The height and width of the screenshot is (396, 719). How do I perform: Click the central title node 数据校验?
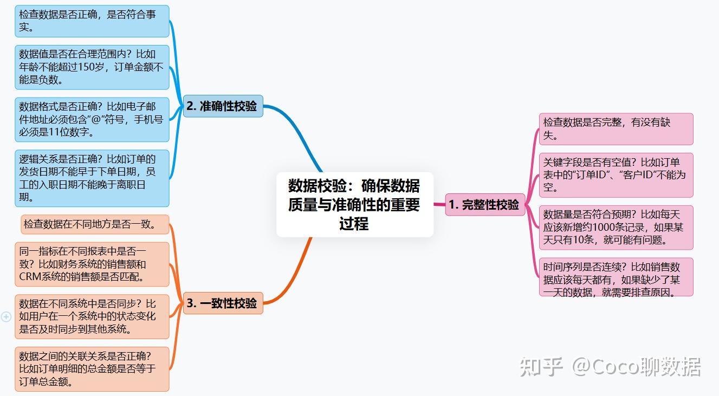click(x=354, y=204)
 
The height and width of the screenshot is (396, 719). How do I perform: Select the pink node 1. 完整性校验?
click(x=485, y=205)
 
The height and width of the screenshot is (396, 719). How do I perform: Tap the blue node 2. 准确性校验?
click(x=223, y=106)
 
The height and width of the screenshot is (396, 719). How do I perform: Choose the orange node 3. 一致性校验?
click(x=223, y=303)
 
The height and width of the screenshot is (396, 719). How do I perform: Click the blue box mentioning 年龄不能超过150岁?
click(x=92, y=67)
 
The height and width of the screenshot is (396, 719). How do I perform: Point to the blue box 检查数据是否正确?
click(x=92, y=21)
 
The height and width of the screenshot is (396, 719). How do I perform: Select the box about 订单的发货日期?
click(x=92, y=178)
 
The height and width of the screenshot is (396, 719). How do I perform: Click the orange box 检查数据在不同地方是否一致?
click(x=95, y=224)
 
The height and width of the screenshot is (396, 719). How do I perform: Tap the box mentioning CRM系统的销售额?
click(x=92, y=264)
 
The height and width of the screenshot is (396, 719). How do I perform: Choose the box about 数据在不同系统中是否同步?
click(x=92, y=316)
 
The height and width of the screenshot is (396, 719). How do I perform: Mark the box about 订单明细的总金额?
click(x=92, y=369)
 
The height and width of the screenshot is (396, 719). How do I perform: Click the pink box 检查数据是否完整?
click(x=616, y=129)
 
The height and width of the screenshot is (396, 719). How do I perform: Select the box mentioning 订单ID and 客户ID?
click(x=616, y=175)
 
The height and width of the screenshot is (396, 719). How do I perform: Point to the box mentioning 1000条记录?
click(x=616, y=228)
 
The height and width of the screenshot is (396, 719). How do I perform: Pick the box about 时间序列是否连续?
click(x=616, y=277)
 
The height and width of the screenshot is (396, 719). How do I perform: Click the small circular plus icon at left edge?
click(x=6, y=317)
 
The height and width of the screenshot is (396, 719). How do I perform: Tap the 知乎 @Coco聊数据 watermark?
click(x=610, y=367)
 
